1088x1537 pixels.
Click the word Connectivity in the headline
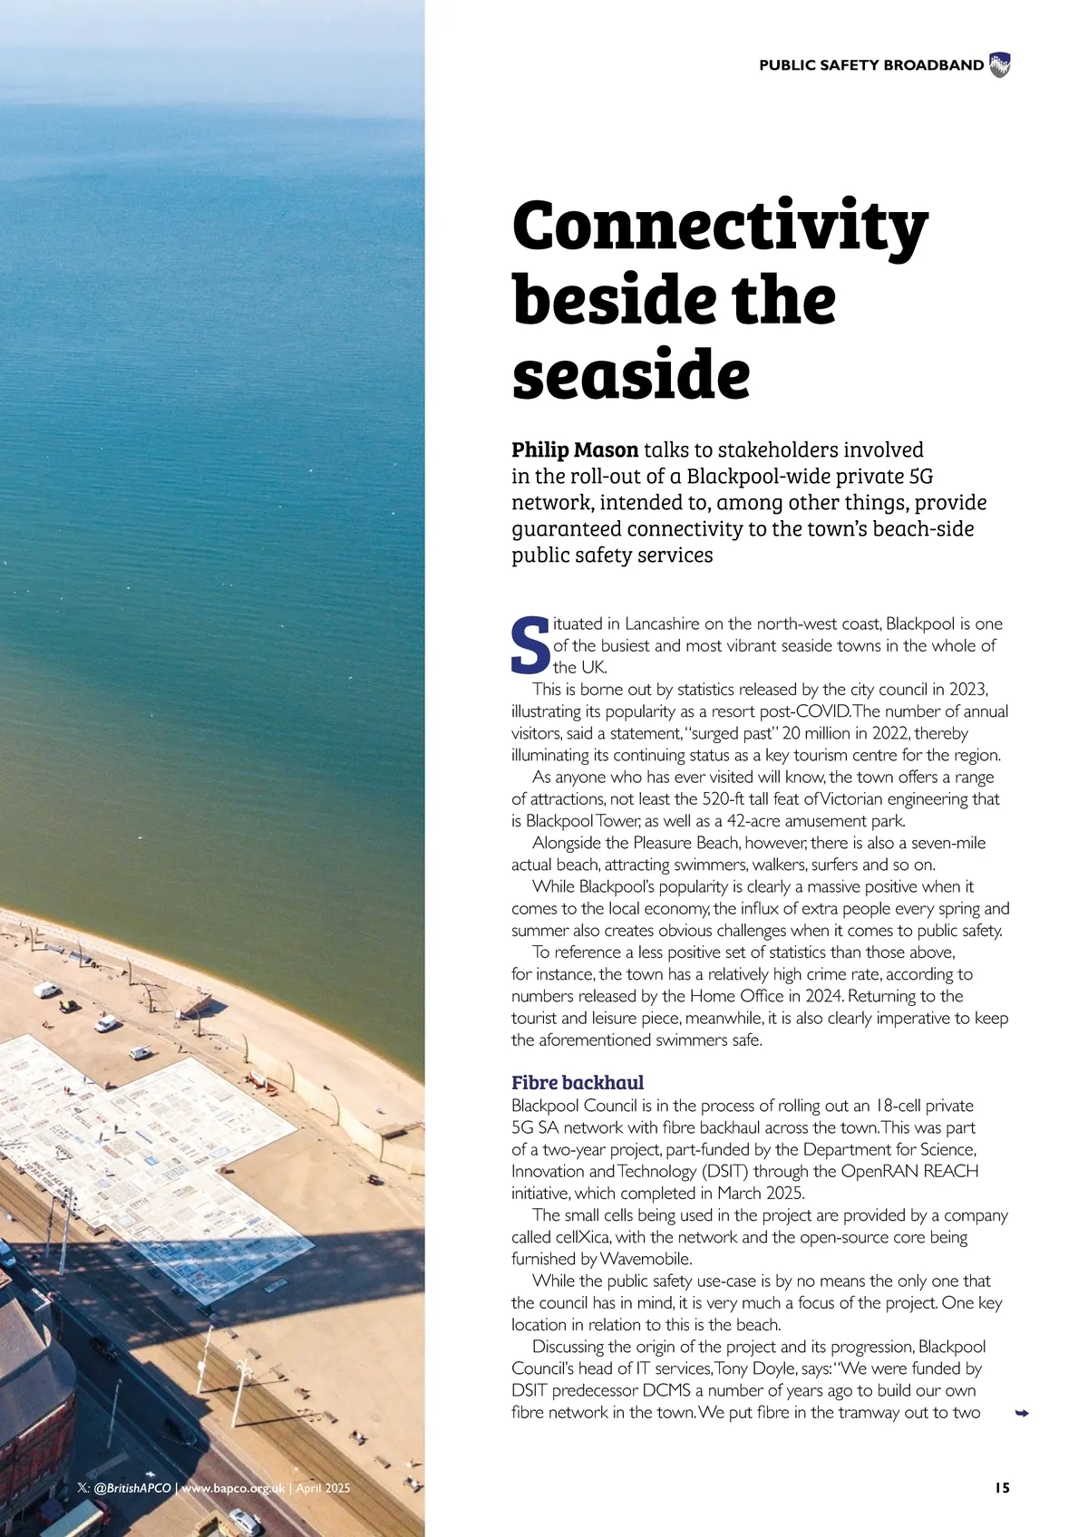coord(720,227)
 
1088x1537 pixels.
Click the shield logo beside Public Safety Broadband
coord(999,65)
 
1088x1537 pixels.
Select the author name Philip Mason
coord(575,450)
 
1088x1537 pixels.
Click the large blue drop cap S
coord(530,645)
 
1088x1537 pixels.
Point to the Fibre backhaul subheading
coord(578,1083)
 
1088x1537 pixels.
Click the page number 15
coord(1002,1488)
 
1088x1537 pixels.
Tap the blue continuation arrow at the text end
coord(1022,1413)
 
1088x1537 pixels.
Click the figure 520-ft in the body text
coord(724,799)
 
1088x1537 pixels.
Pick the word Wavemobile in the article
coord(645,1259)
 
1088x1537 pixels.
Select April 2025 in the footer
coord(323,1488)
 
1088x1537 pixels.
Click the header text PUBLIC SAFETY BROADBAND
coord(870,65)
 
